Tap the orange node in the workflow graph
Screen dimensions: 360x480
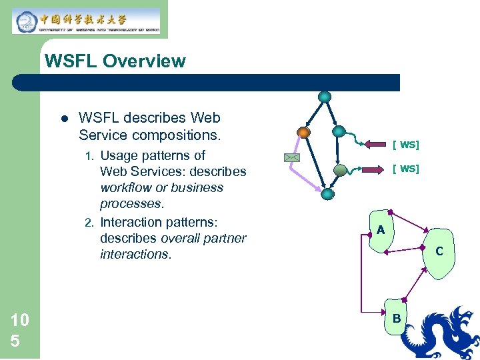point(303,132)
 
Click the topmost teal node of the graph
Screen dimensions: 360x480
point(325,97)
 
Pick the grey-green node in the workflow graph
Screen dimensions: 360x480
point(340,170)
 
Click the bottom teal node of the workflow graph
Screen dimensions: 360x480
point(327,194)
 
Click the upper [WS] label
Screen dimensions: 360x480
point(405,144)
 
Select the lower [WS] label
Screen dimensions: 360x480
point(405,169)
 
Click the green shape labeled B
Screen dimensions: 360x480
point(396,319)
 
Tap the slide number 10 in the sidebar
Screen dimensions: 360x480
point(20,320)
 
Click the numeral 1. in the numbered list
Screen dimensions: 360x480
point(90,156)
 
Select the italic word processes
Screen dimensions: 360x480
point(131,203)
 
